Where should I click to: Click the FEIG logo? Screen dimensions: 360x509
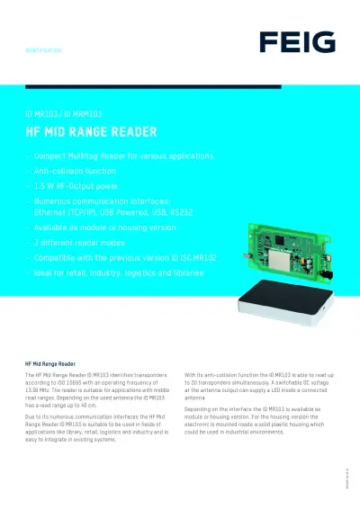click(297, 41)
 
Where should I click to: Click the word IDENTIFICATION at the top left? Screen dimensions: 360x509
click(42, 52)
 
